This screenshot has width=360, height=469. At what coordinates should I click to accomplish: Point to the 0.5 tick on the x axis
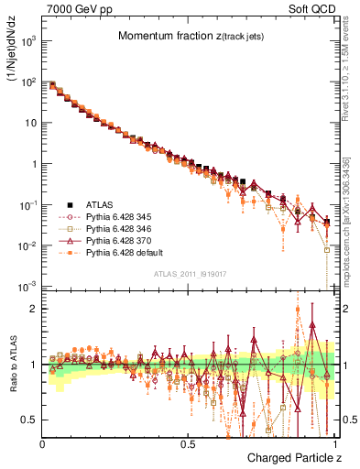point(187,443)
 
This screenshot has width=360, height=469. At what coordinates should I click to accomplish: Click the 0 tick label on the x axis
point(42,443)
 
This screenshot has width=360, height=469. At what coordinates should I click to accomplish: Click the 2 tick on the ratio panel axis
point(32,309)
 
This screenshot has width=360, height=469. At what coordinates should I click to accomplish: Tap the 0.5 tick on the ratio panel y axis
point(28,420)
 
